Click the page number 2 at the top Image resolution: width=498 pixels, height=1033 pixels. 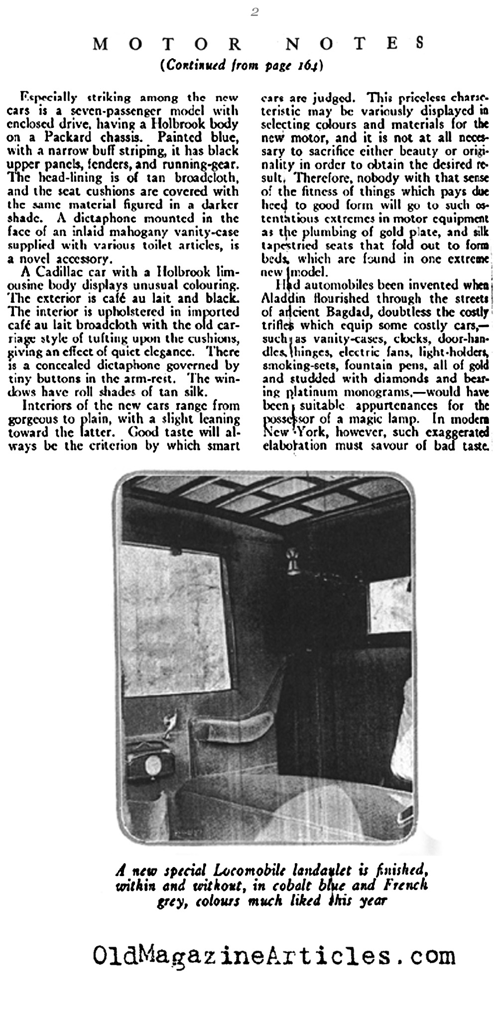[254, 13]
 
